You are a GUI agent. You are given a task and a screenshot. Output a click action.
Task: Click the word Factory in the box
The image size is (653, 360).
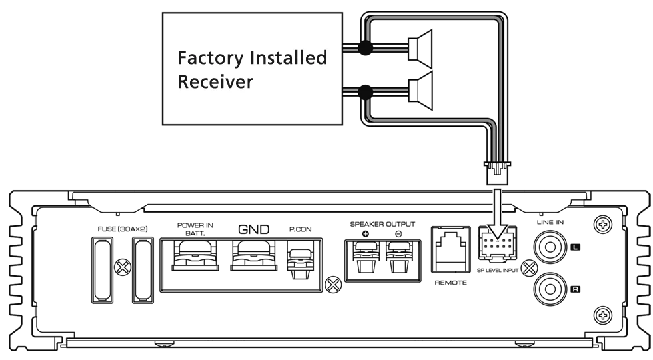[x=211, y=59]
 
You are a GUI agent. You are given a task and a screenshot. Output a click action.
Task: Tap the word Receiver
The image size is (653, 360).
[x=215, y=82]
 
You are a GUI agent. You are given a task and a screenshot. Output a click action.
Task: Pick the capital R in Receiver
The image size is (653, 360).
[x=183, y=82]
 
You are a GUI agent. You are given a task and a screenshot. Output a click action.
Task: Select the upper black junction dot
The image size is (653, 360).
[x=365, y=48]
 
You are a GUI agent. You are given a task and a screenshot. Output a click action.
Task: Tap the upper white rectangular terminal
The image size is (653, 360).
[x=414, y=48]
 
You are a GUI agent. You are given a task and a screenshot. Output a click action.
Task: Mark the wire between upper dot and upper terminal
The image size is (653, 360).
[x=389, y=48]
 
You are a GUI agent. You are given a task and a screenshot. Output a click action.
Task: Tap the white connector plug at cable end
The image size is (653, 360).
[x=497, y=175]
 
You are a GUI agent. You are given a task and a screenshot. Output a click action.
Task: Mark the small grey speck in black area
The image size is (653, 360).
[x=357, y=221]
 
